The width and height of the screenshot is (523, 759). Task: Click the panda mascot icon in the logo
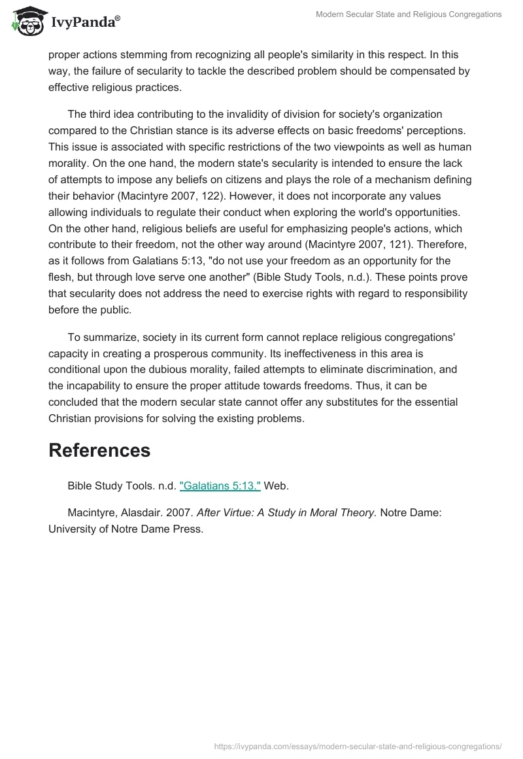pos(27,22)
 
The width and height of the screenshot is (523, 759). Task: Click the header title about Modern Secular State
pos(409,14)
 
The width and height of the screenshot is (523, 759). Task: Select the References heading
pos(99,450)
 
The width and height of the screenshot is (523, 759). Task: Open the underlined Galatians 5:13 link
pos(220,485)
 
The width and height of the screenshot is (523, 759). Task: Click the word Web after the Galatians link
pos(276,485)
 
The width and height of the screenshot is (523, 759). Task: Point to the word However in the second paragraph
pos(284,195)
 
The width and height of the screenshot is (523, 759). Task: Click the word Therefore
pos(441,245)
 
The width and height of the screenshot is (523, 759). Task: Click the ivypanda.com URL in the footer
pos(358,745)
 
